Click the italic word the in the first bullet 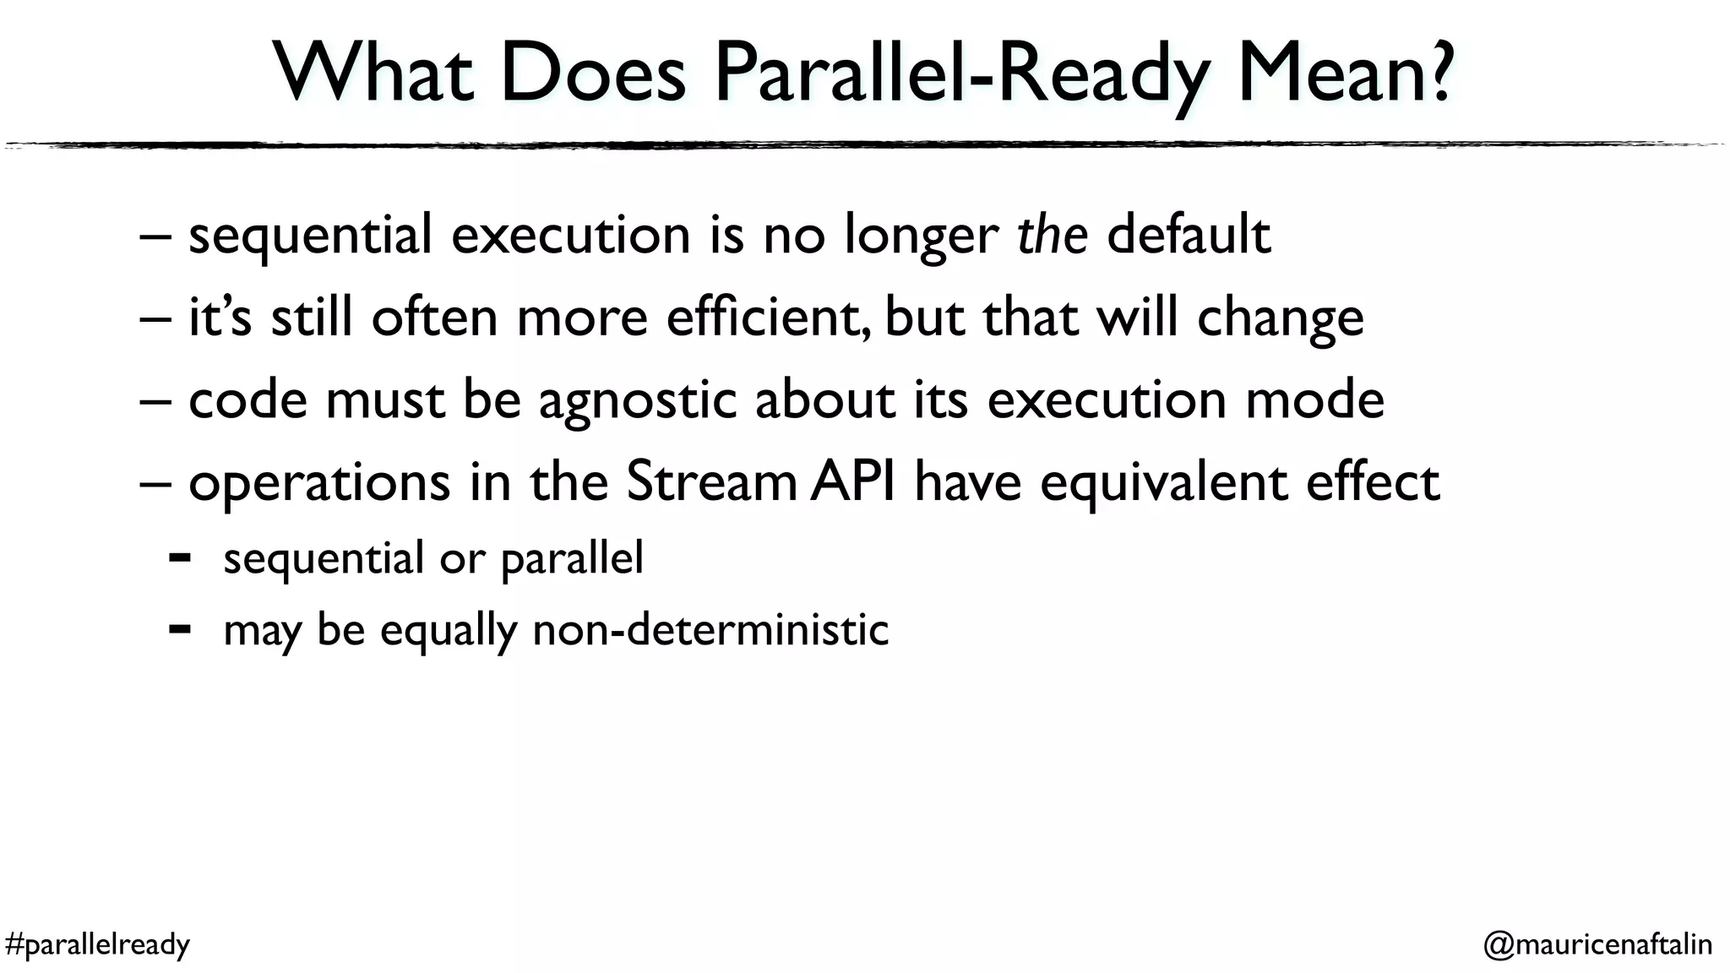[1052, 234]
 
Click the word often [434, 317]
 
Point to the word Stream [711, 481]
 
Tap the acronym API [852, 481]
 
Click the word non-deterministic [710, 629]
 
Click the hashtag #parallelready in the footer [97, 943]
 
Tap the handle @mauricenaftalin [1597, 943]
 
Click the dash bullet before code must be [155, 400]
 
